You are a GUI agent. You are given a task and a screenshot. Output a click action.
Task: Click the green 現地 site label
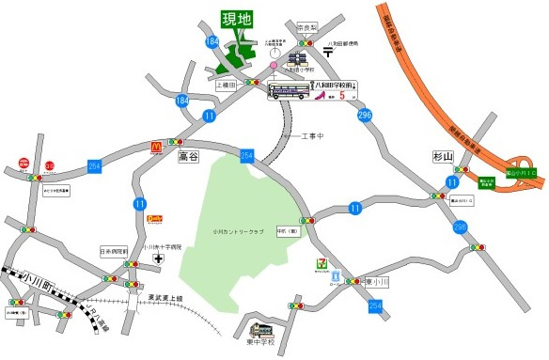coord(237,19)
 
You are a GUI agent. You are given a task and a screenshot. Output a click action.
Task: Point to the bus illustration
coord(291,91)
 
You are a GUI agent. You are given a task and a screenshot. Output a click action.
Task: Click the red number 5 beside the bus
coord(343,93)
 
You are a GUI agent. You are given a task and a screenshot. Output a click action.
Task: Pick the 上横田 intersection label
coord(228,84)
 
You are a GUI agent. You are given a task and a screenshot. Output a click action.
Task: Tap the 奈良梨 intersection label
coord(307,27)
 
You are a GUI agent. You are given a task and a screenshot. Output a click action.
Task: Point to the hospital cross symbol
coord(159,258)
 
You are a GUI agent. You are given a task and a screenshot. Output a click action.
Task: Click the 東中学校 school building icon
coord(261,331)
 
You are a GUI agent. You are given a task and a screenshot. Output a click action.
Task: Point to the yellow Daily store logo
coord(155,218)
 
